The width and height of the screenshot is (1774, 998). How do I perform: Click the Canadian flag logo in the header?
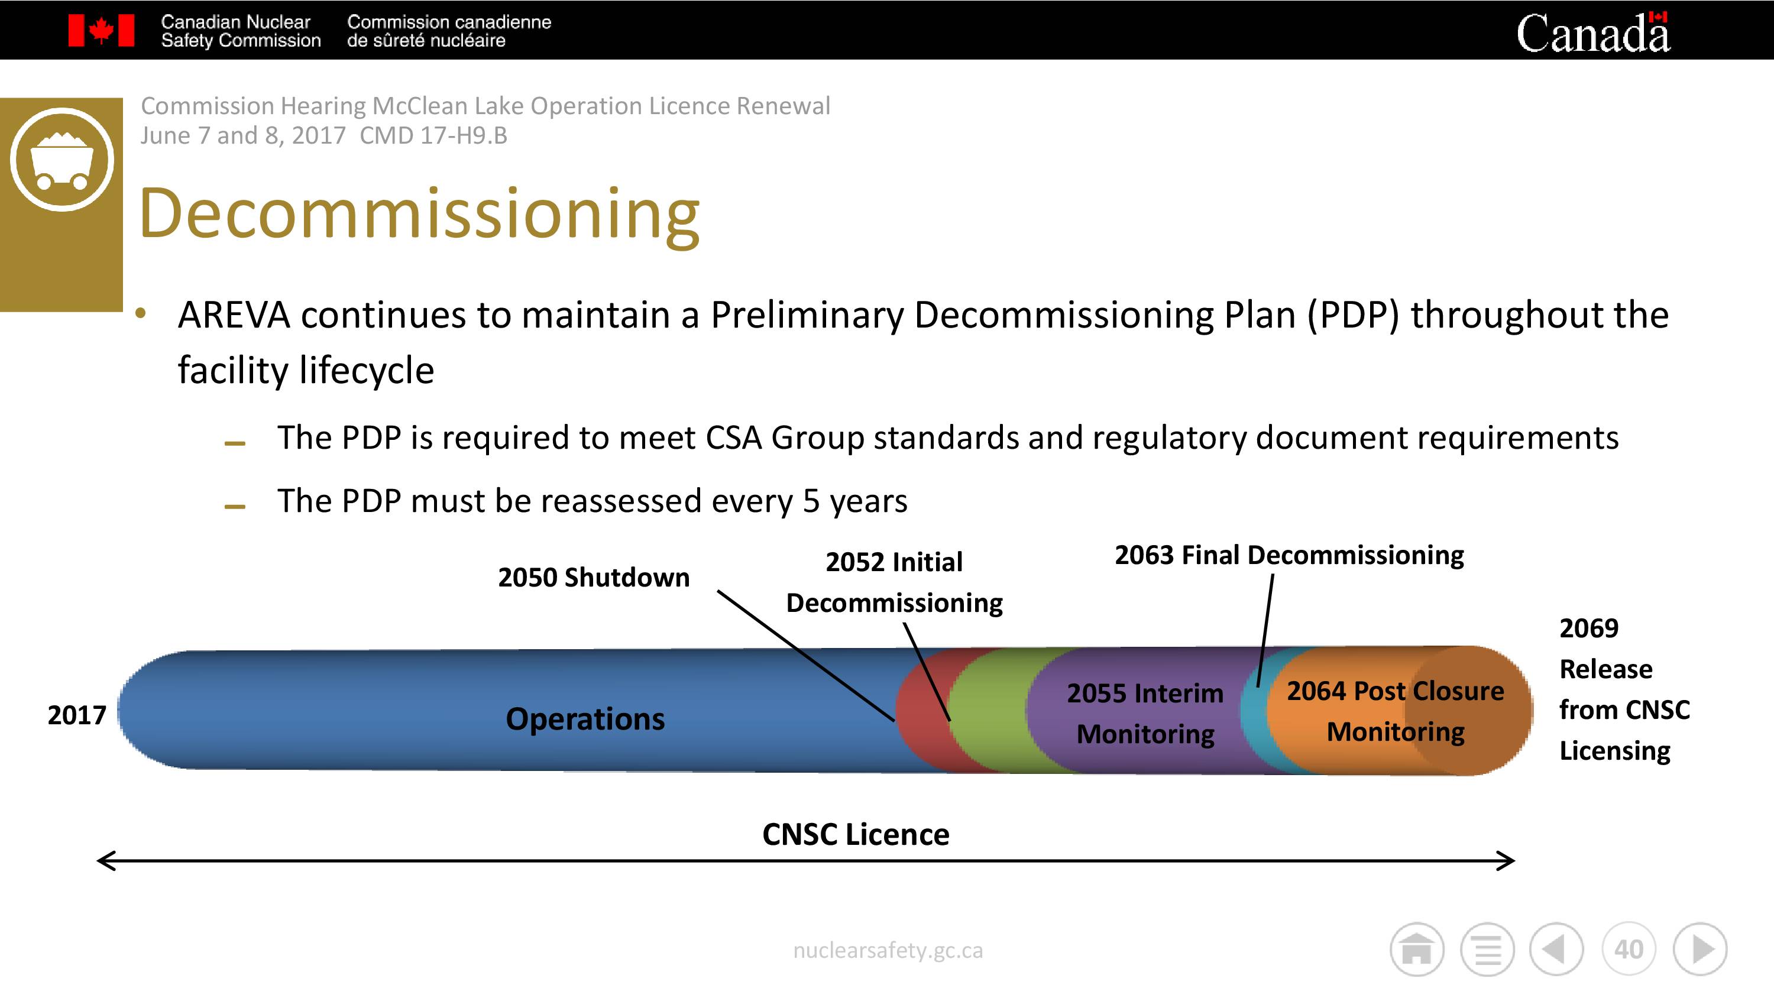coord(101,30)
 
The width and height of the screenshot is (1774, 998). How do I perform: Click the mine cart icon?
coord(62,159)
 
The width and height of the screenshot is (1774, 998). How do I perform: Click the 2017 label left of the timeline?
coord(76,715)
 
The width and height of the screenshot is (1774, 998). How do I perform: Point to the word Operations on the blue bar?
coord(585,719)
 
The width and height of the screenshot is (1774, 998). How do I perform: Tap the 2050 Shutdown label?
coord(594,577)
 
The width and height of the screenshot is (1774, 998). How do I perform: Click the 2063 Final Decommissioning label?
coord(1289,555)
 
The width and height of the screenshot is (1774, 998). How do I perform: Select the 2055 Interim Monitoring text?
coord(1145,714)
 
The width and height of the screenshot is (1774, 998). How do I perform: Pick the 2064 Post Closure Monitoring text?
coord(1395,711)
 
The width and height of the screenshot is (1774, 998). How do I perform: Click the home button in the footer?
coord(1417,950)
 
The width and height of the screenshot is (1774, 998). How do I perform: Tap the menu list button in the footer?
coord(1488,950)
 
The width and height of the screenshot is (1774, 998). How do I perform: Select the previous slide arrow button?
coord(1556,950)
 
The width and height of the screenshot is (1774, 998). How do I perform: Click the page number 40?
coord(1629,950)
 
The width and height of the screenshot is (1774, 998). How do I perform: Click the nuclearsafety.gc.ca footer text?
coord(888,951)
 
